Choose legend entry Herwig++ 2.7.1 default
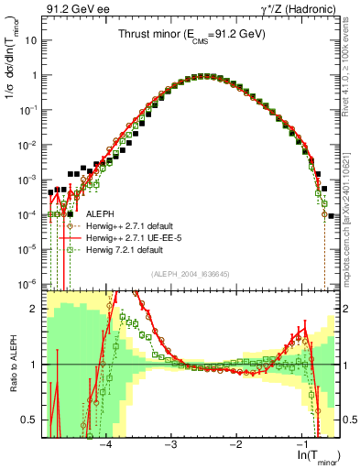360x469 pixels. (x=137, y=225)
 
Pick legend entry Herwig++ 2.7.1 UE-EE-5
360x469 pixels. (x=137, y=237)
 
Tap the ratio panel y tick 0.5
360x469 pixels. (x=34, y=420)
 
